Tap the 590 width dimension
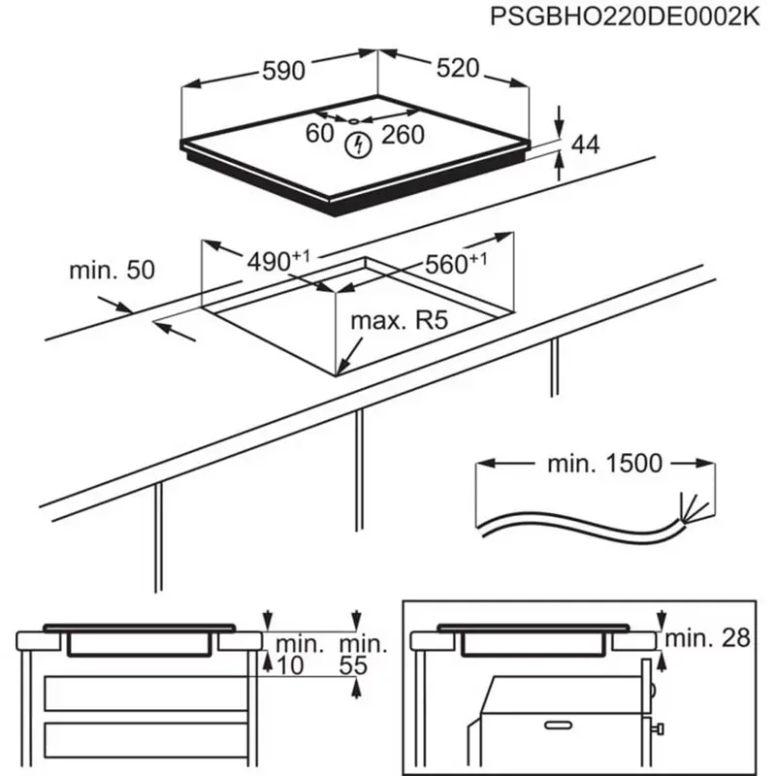[x=283, y=70]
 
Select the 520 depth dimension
[x=457, y=68]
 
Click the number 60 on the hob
[x=319, y=135]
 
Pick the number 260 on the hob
[x=403, y=135]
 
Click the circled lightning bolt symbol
[x=360, y=146]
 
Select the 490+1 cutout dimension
[x=276, y=261]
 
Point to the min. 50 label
[x=112, y=271]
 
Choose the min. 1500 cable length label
[x=604, y=464]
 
